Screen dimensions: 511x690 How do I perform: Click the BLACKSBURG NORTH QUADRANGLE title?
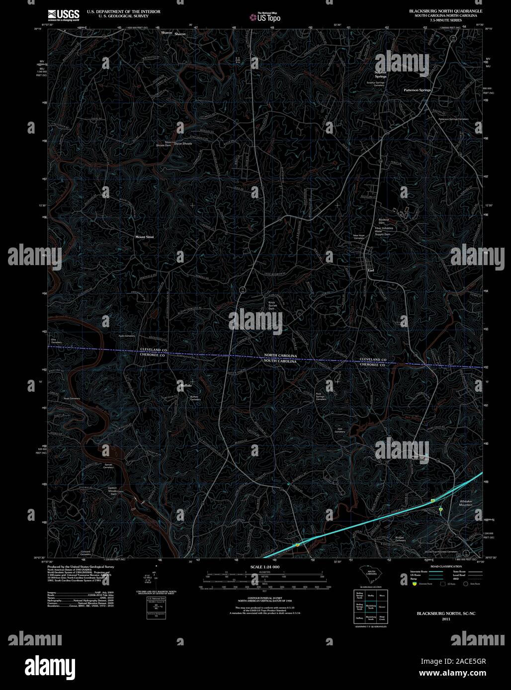[445, 10]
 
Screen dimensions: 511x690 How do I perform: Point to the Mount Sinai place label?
[145, 237]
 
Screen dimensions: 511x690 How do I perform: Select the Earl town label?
[370, 271]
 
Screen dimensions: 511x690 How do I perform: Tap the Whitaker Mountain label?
[466, 503]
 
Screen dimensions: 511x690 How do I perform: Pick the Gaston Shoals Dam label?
[112, 491]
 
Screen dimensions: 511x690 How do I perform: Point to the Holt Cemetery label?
[340, 431]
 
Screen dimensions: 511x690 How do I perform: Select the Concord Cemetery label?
[85, 553]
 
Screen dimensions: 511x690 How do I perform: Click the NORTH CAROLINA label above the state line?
[280, 356]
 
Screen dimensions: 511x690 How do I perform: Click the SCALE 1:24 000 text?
[265, 567]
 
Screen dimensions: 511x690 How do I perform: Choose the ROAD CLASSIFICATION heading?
[446, 566]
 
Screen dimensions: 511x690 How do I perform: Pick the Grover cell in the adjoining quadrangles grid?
[382, 607]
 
